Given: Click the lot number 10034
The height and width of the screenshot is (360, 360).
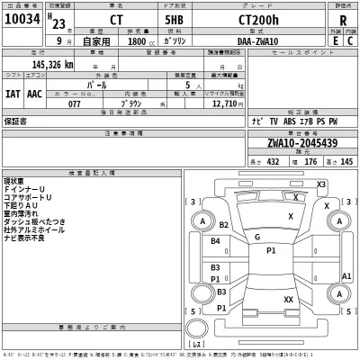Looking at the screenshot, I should pyautogui.click(x=25, y=20).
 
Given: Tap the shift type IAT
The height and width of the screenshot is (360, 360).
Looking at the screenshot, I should pyautogui.click(x=14, y=93).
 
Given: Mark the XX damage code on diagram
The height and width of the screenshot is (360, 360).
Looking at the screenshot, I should pyautogui.click(x=288, y=300).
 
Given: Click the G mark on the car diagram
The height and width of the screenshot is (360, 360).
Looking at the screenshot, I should pyautogui.click(x=256, y=236).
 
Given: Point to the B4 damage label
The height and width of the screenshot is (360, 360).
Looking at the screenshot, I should pyautogui.click(x=215, y=242).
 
